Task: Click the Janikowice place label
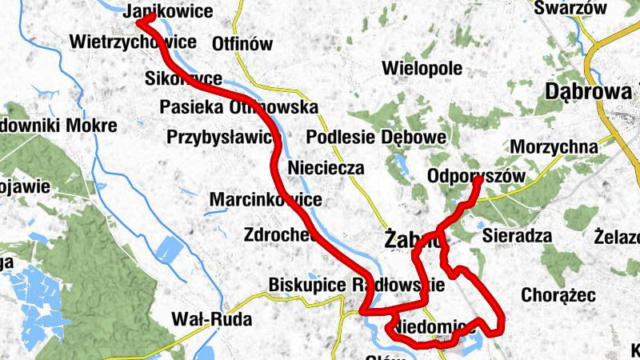170,12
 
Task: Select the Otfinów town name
243,45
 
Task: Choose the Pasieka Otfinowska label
238,106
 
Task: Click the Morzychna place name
554,147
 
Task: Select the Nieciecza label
326,169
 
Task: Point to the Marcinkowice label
266,200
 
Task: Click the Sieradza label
518,236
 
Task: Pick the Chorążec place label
558,295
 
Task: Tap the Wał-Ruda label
212,320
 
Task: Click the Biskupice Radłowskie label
356,285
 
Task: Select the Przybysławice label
220,138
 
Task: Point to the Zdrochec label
279,235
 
